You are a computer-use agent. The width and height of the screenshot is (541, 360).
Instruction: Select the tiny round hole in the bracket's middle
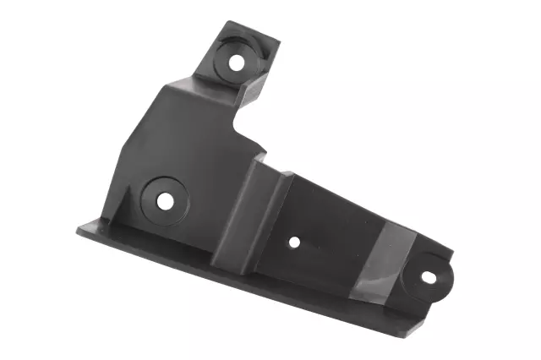(294, 242)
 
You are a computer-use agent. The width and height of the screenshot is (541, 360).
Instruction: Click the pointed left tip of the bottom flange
(78, 228)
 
